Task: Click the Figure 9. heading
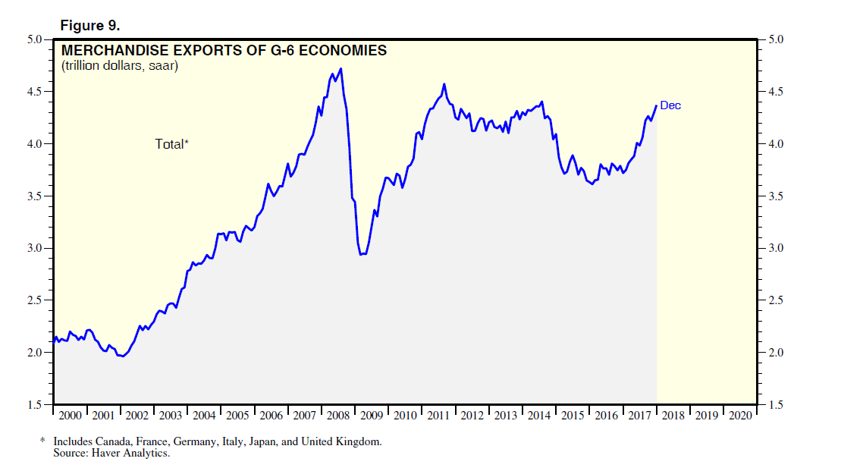[89, 25]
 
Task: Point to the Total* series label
[171, 143]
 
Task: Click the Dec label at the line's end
[670, 105]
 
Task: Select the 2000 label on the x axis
[71, 416]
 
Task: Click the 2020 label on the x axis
[739, 416]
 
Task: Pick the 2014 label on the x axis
[539, 416]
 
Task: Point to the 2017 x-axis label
[639, 416]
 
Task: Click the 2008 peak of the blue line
[341, 69]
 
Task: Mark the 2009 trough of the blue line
[362, 254]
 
